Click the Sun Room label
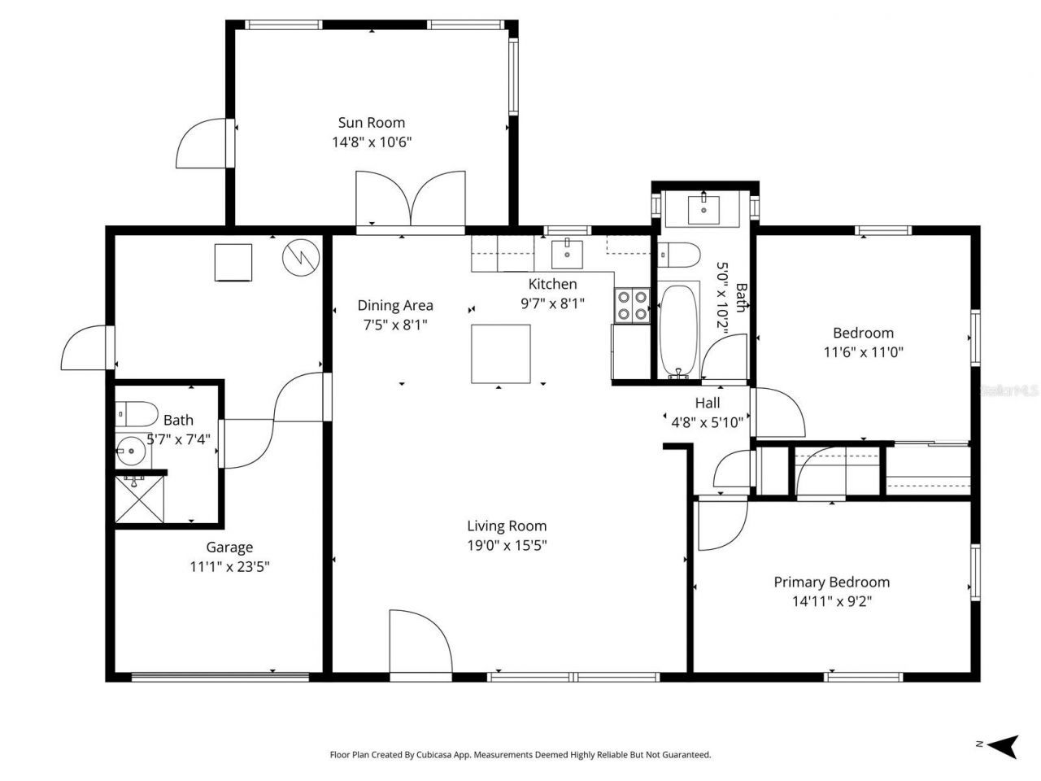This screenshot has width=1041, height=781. point(371,123)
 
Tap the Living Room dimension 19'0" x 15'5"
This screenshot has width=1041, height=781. point(506,546)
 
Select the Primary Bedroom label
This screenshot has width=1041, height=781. point(830,582)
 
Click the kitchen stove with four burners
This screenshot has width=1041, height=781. point(632,306)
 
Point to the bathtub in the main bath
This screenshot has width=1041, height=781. point(678,330)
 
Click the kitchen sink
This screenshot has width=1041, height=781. point(567,254)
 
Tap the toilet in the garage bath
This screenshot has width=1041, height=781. point(136,415)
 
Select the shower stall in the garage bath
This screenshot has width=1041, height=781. point(140,500)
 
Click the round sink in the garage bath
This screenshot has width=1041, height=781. point(130,450)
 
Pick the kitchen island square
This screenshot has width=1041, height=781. point(501,353)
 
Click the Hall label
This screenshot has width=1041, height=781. point(707,403)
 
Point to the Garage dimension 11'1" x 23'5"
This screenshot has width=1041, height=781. point(229,567)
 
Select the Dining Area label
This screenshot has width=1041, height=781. point(395,305)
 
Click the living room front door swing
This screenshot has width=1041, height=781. point(420,643)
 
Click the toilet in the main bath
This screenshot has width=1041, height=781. point(678,255)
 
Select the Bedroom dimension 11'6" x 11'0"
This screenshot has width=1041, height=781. point(863,352)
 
